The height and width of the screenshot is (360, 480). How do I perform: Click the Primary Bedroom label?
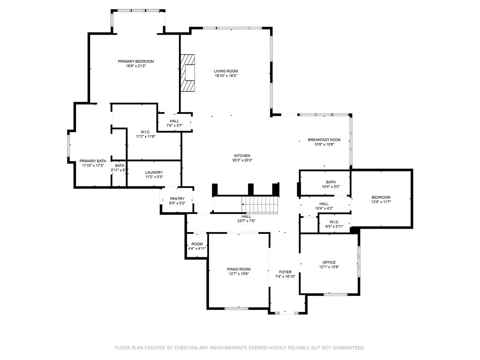pyautogui.click(x=136, y=61)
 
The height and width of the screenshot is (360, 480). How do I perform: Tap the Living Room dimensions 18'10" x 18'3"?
pyautogui.click(x=226, y=75)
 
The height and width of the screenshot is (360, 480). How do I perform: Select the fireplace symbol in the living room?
pyautogui.click(x=188, y=74)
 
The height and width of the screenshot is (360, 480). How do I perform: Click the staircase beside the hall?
pyautogui.click(x=260, y=205)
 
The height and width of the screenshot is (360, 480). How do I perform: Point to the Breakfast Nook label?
pyautogui.click(x=324, y=140)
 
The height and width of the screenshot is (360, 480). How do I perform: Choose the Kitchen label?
pyautogui.click(x=242, y=156)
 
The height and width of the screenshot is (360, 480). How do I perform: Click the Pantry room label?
pyautogui.click(x=177, y=198)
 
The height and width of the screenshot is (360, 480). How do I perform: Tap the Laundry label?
pyautogui.click(x=154, y=172)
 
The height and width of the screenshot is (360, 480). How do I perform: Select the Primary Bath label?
pyautogui.click(x=93, y=161)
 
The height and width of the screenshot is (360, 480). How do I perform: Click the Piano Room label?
pyautogui.click(x=239, y=269)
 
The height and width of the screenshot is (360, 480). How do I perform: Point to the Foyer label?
pyautogui.click(x=285, y=272)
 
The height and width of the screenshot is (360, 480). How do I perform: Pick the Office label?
pyautogui.click(x=329, y=262)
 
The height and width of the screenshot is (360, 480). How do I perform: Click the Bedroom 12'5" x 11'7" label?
pyautogui.click(x=381, y=197)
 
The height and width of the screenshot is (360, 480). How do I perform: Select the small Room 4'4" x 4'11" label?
pyautogui.click(x=197, y=244)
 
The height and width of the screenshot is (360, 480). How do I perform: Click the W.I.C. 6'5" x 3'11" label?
pyautogui.click(x=334, y=222)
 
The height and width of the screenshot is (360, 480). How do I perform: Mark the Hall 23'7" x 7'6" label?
pyautogui.click(x=246, y=216)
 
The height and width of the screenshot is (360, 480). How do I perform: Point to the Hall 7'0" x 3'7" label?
pyautogui.click(x=174, y=121)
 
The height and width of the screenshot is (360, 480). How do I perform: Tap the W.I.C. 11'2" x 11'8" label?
pyautogui.click(x=145, y=132)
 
